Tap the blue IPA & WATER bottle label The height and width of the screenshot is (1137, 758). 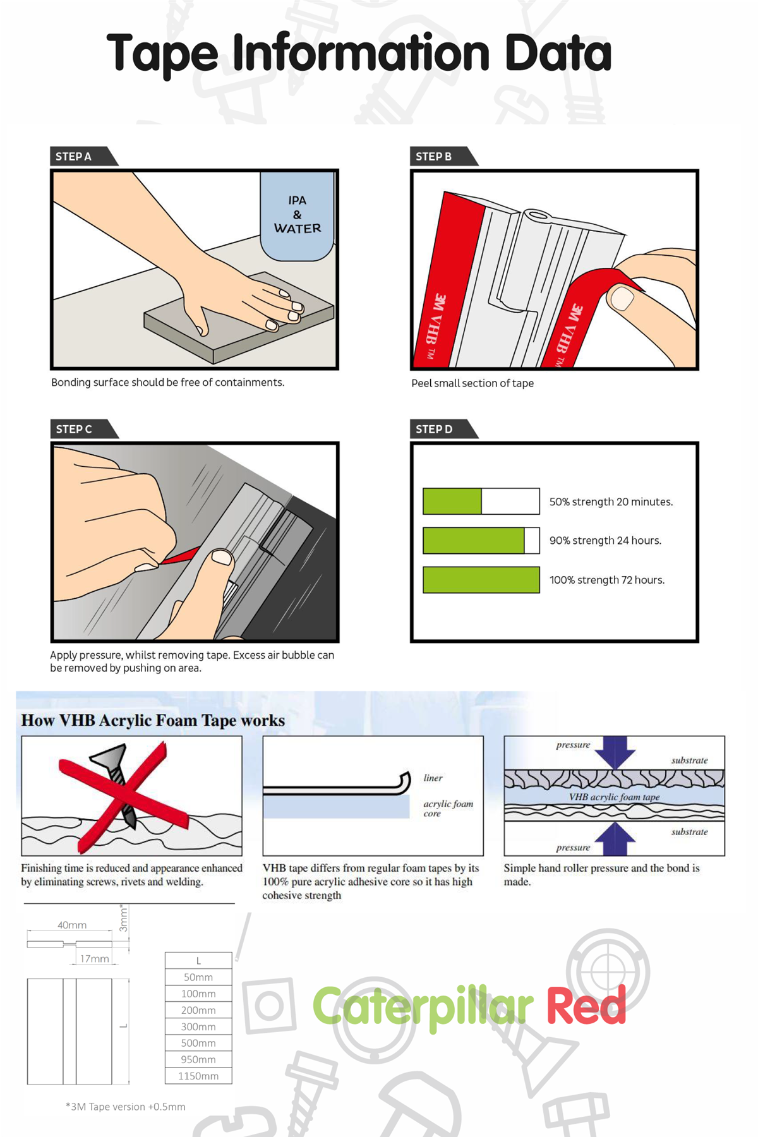(x=297, y=215)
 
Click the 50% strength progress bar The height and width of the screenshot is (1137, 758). (x=481, y=502)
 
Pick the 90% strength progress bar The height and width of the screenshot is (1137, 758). (x=481, y=541)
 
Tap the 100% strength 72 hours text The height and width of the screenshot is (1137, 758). (x=606, y=580)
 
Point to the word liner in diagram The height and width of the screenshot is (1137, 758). (x=433, y=778)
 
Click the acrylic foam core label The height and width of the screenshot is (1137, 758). (x=447, y=808)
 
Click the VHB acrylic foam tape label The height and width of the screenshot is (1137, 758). (x=614, y=797)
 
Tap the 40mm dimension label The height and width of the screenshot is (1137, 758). (x=72, y=925)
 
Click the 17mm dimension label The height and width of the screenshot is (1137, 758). (x=94, y=958)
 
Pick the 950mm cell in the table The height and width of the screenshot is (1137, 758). (x=198, y=1059)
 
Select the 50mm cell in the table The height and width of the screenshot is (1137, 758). (x=198, y=977)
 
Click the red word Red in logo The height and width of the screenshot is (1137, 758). (x=586, y=1006)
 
